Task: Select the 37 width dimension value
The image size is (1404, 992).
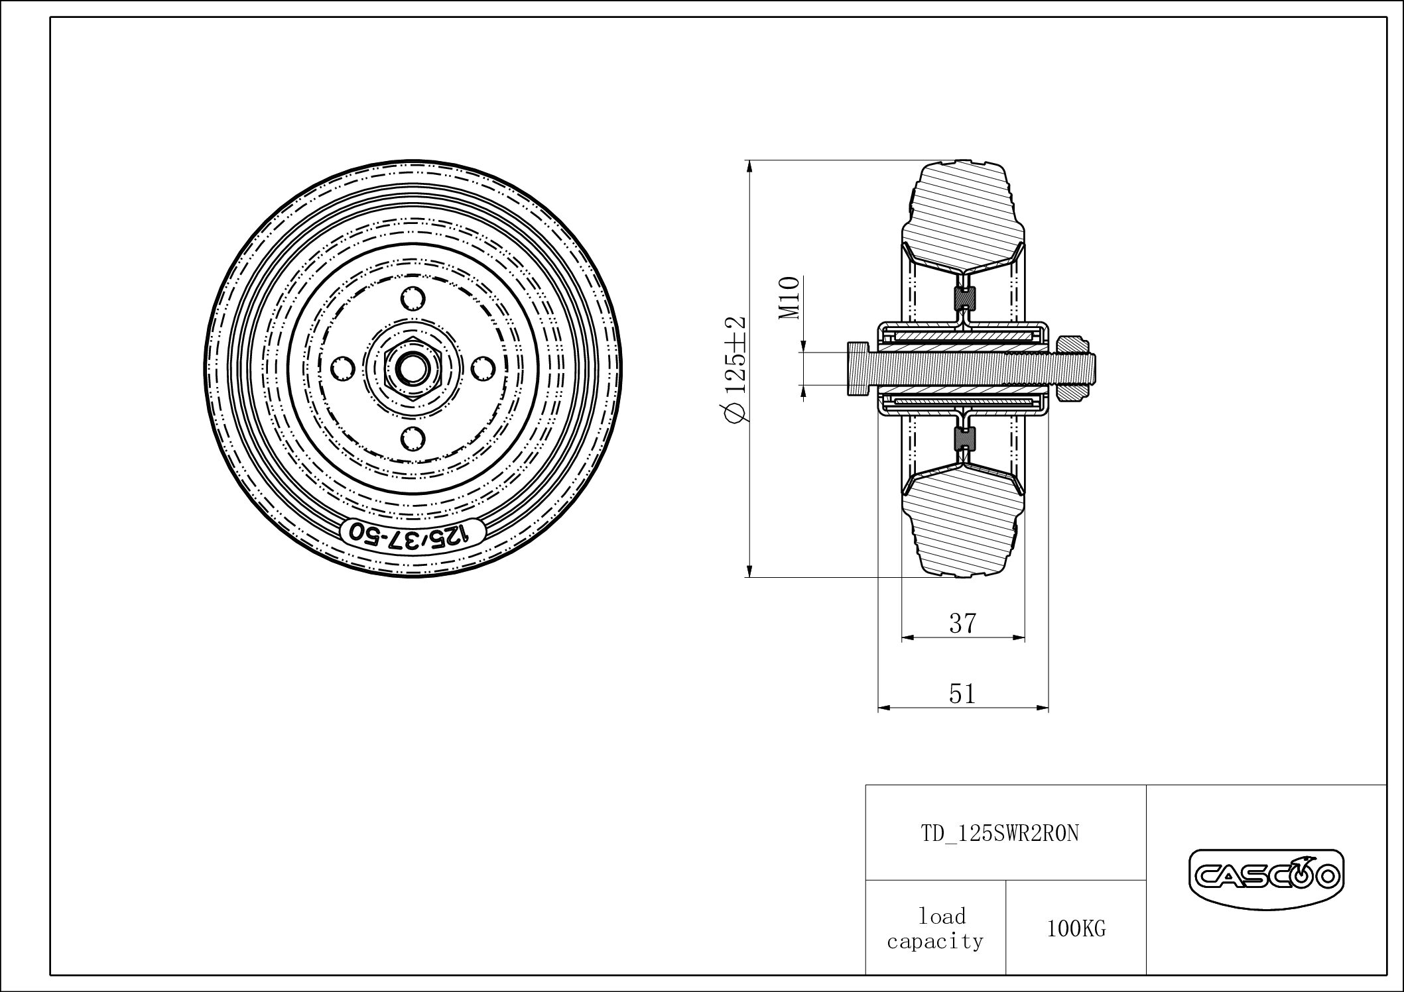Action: click(962, 624)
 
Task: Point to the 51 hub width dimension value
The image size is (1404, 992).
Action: click(962, 694)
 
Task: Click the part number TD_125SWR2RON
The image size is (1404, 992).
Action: click(1000, 834)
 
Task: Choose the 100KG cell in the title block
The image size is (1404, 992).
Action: click(1076, 929)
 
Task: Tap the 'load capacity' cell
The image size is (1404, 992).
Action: click(935, 929)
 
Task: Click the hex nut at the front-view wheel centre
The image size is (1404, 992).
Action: click(413, 367)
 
